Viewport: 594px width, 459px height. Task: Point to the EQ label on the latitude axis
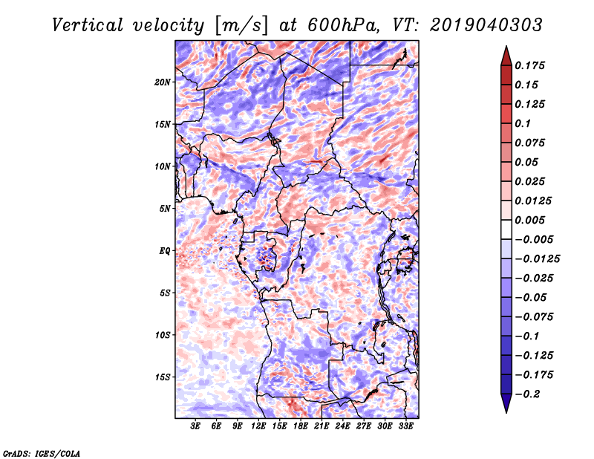click(x=165, y=250)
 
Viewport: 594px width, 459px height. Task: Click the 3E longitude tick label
click(x=196, y=426)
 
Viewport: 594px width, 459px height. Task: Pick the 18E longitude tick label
click(x=301, y=426)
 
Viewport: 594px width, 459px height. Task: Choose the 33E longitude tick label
click(x=405, y=426)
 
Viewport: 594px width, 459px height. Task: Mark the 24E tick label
click(x=342, y=426)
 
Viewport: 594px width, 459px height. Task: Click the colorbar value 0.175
click(x=532, y=65)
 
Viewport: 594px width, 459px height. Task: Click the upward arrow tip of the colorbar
click(x=506, y=49)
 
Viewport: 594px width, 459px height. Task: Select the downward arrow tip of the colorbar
click(x=506, y=409)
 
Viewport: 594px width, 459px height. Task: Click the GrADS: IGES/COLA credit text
click(x=41, y=452)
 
